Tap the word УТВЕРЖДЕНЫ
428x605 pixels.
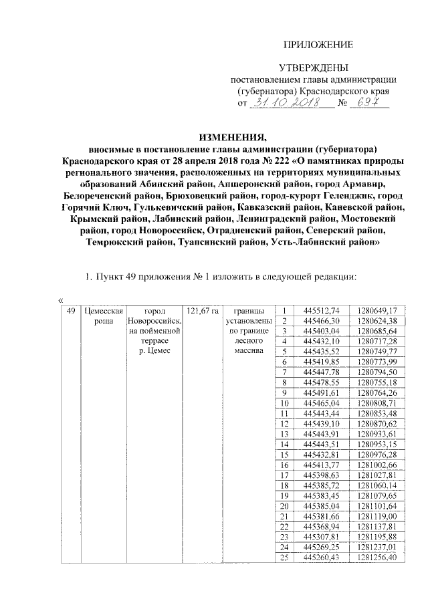(x=314, y=68)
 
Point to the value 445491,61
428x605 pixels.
(x=322, y=392)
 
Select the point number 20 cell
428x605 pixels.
(x=284, y=505)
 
